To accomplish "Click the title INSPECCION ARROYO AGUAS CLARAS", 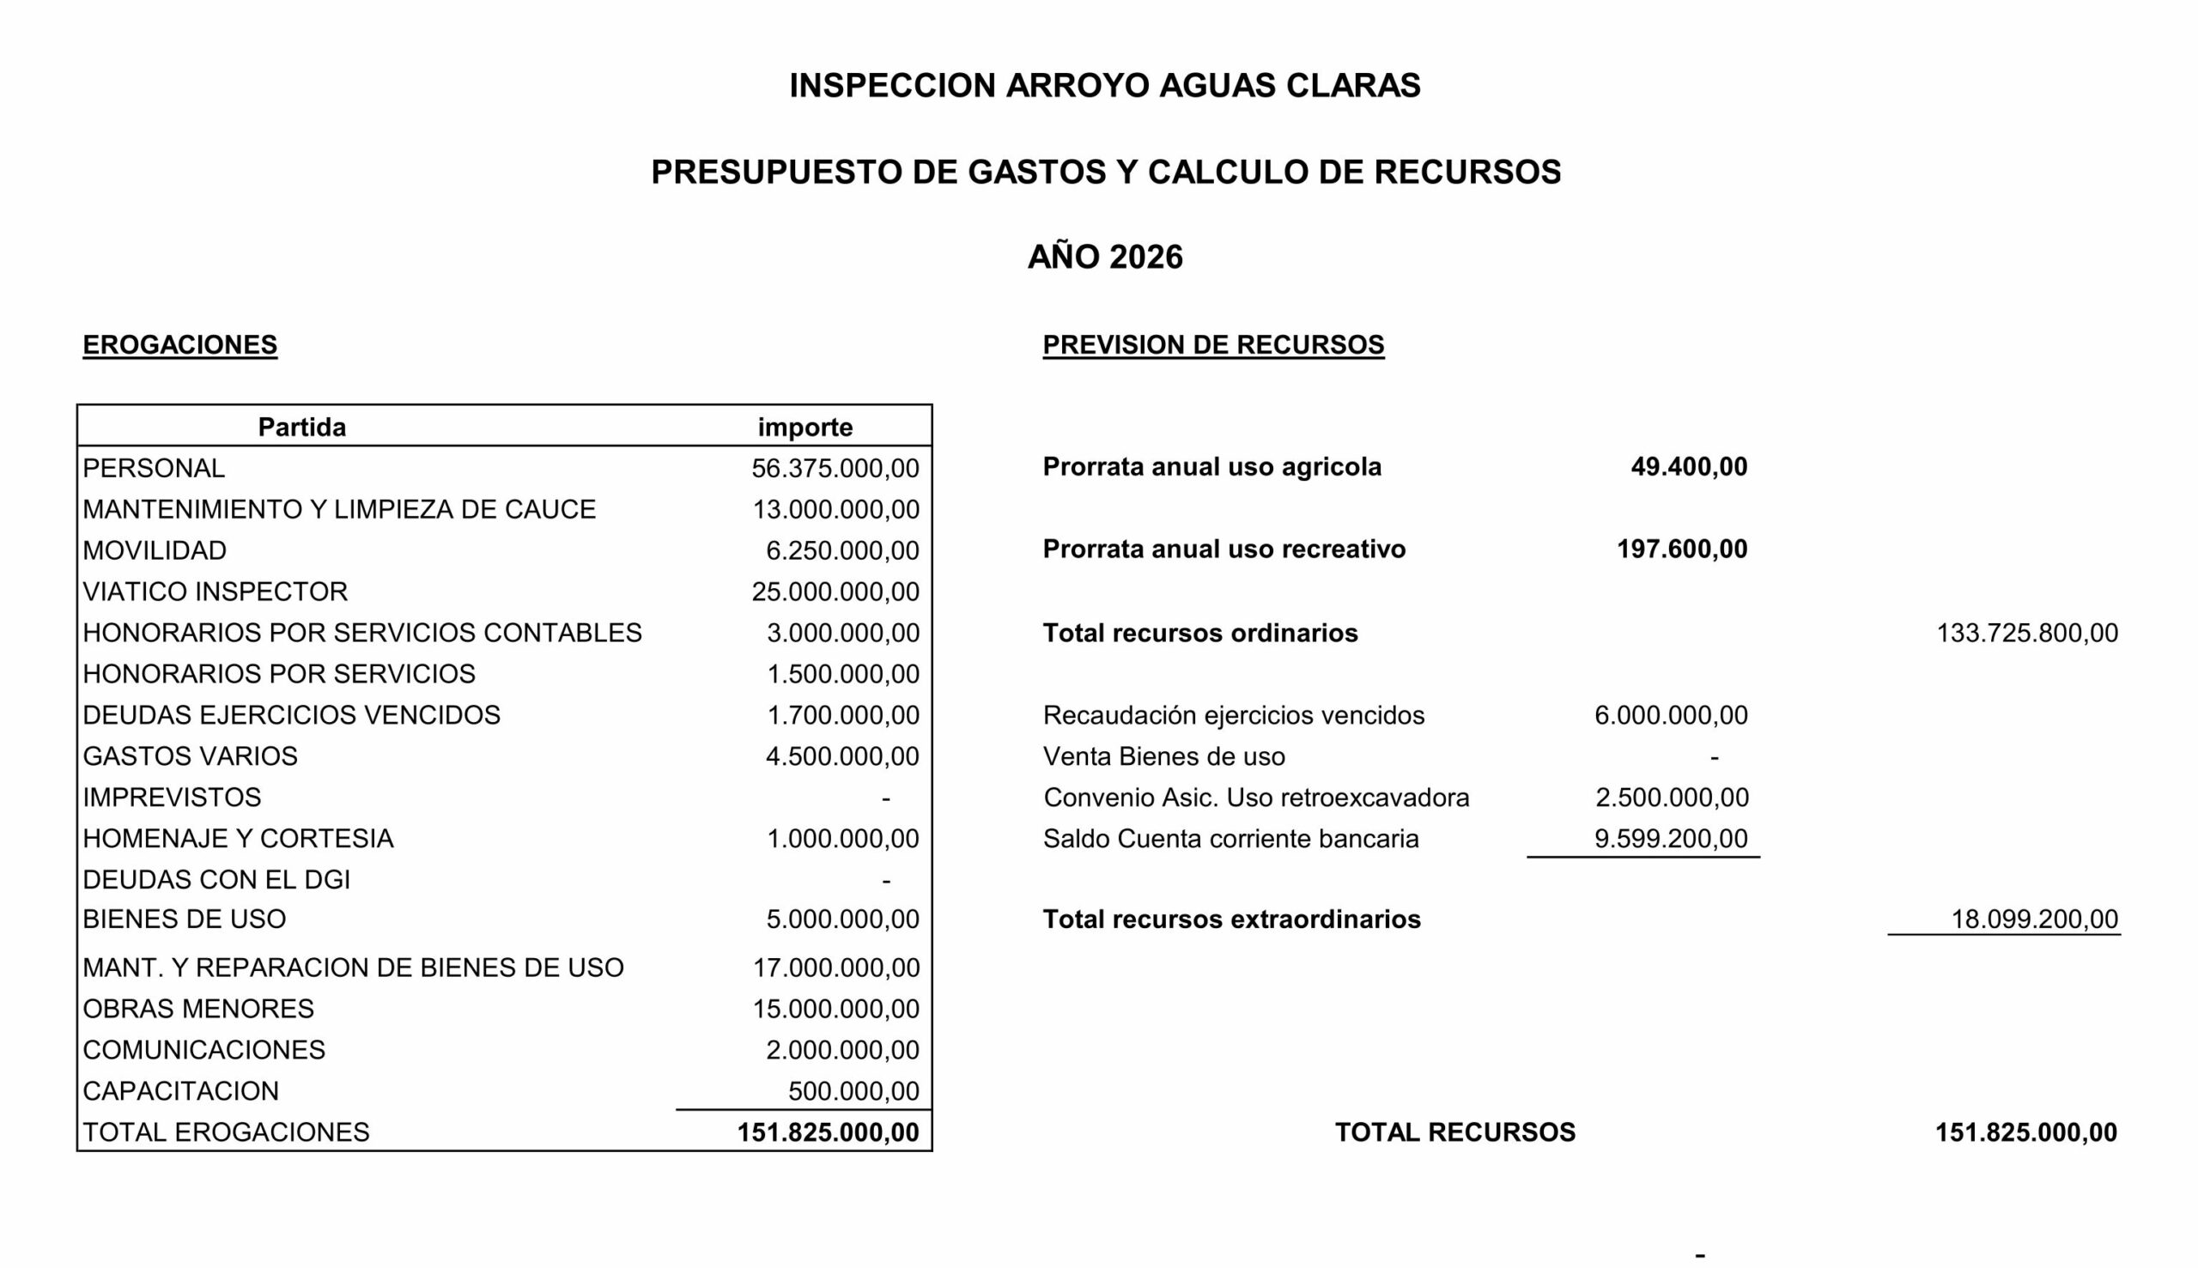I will click(1104, 85).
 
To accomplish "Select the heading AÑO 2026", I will click(1104, 257).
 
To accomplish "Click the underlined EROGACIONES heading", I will click(179, 345).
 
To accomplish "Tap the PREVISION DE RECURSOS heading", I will click(1212, 345).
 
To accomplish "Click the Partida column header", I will click(301, 427).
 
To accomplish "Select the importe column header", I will click(805, 427).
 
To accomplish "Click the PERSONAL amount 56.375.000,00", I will click(835, 469).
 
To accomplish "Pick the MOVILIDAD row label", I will click(155, 550).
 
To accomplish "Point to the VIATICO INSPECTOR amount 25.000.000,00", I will click(835, 592).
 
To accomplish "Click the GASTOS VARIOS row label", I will click(190, 756).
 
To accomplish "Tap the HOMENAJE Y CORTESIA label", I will click(238, 839).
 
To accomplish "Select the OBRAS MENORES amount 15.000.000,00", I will click(835, 1009).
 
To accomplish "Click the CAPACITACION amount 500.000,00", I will click(853, 1091).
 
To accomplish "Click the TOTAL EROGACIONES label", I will click(226, 1132).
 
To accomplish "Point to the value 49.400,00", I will click(1688, 467).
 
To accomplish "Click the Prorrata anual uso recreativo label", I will click(1223, 549).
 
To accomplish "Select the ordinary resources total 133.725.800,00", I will click(2025, 633).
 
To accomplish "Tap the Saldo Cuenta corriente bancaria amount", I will click(1669, 839).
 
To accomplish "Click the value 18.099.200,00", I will click(2033, 919).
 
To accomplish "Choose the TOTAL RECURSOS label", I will click(1454, 1132).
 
